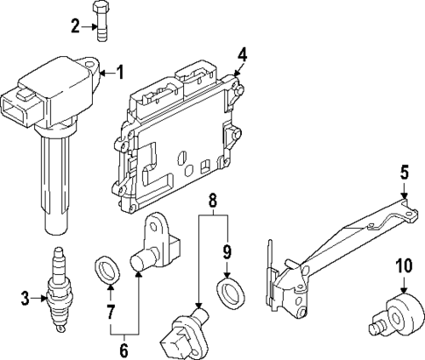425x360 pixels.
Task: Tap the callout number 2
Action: point(75,26)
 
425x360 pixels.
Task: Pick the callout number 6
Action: point(124,350)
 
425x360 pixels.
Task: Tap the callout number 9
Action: point(227,253)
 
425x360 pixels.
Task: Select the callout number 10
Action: point(403,265)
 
